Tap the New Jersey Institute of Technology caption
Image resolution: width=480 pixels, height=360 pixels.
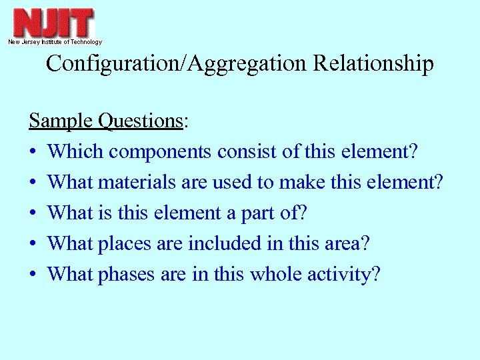click(x=55, y=42)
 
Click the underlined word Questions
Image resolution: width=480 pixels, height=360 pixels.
click(x=140, y=121)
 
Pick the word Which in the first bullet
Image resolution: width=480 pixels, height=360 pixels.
click(x=75, y=152)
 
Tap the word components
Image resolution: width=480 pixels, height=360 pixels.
click(x=161, y=152)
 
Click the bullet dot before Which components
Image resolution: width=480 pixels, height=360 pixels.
click(x=33, y=153)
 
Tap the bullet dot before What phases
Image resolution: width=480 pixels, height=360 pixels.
click(x=33, y=275)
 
